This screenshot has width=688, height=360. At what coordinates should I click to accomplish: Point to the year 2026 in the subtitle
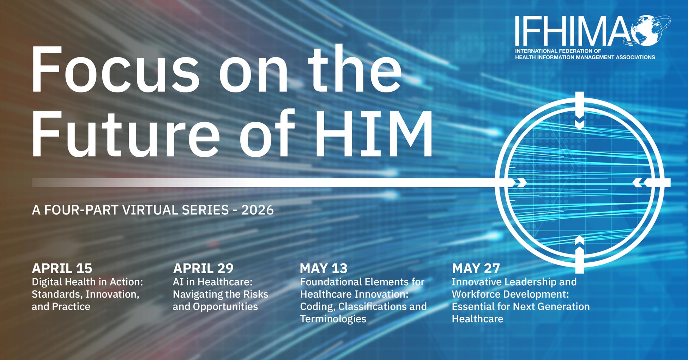pos(258,210)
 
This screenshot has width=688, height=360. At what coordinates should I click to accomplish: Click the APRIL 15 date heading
pos(62,268)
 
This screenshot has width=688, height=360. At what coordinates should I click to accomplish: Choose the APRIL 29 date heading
pos(203,268)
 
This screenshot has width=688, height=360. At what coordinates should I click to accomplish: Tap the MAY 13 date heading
pos(324,268)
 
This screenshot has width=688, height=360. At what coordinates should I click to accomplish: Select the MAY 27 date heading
pos(476,268)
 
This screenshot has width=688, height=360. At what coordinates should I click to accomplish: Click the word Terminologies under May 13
pos(333,319)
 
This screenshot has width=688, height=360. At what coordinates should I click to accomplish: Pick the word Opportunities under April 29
pos(225,307)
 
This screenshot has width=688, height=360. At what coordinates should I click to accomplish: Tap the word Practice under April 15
pos(71,307)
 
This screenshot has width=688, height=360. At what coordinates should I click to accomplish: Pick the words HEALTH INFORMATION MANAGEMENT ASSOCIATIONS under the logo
pos(585,57)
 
